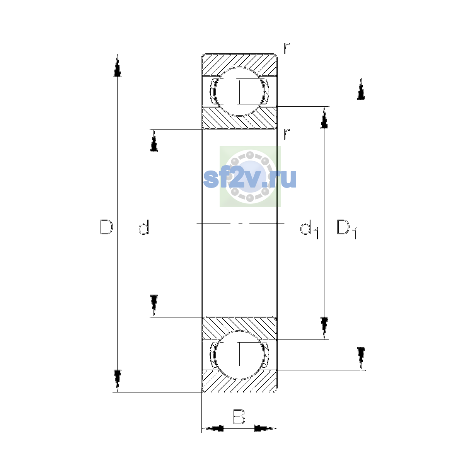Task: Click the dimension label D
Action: pos(106,227)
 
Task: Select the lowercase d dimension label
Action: pos(144,227)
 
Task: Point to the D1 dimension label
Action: pos(346,229)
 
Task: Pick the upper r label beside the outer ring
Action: pos(286,48)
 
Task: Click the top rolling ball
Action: pos(239,92)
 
